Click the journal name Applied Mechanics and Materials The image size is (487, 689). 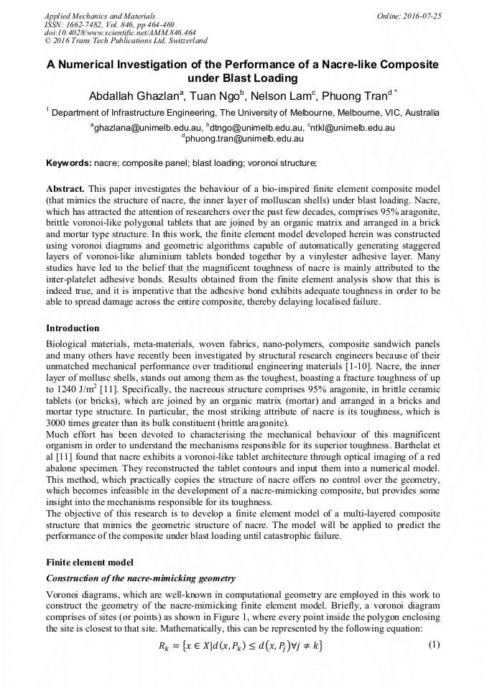coord(100,15)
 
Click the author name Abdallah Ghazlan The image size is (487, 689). coord(136,96)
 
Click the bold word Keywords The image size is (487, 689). coord(68,164)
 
